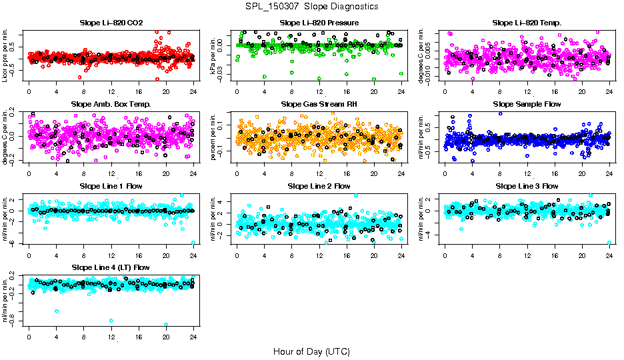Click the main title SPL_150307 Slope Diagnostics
[x=311, y=7]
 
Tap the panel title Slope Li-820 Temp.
[x=527, y=23]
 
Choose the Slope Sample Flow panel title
[x=527, y=105]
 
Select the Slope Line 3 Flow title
[x=527, y=186]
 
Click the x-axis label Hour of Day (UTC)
[x=311, y=351]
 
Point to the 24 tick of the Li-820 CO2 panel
[x=193, y=91]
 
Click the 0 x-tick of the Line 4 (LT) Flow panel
[x=29, y=335]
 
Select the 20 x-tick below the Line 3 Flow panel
[x=582, y=254]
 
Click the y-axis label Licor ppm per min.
[x=6, y=55]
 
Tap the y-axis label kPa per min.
[x=214, y=55]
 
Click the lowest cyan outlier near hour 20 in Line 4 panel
[x=166, y=325]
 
